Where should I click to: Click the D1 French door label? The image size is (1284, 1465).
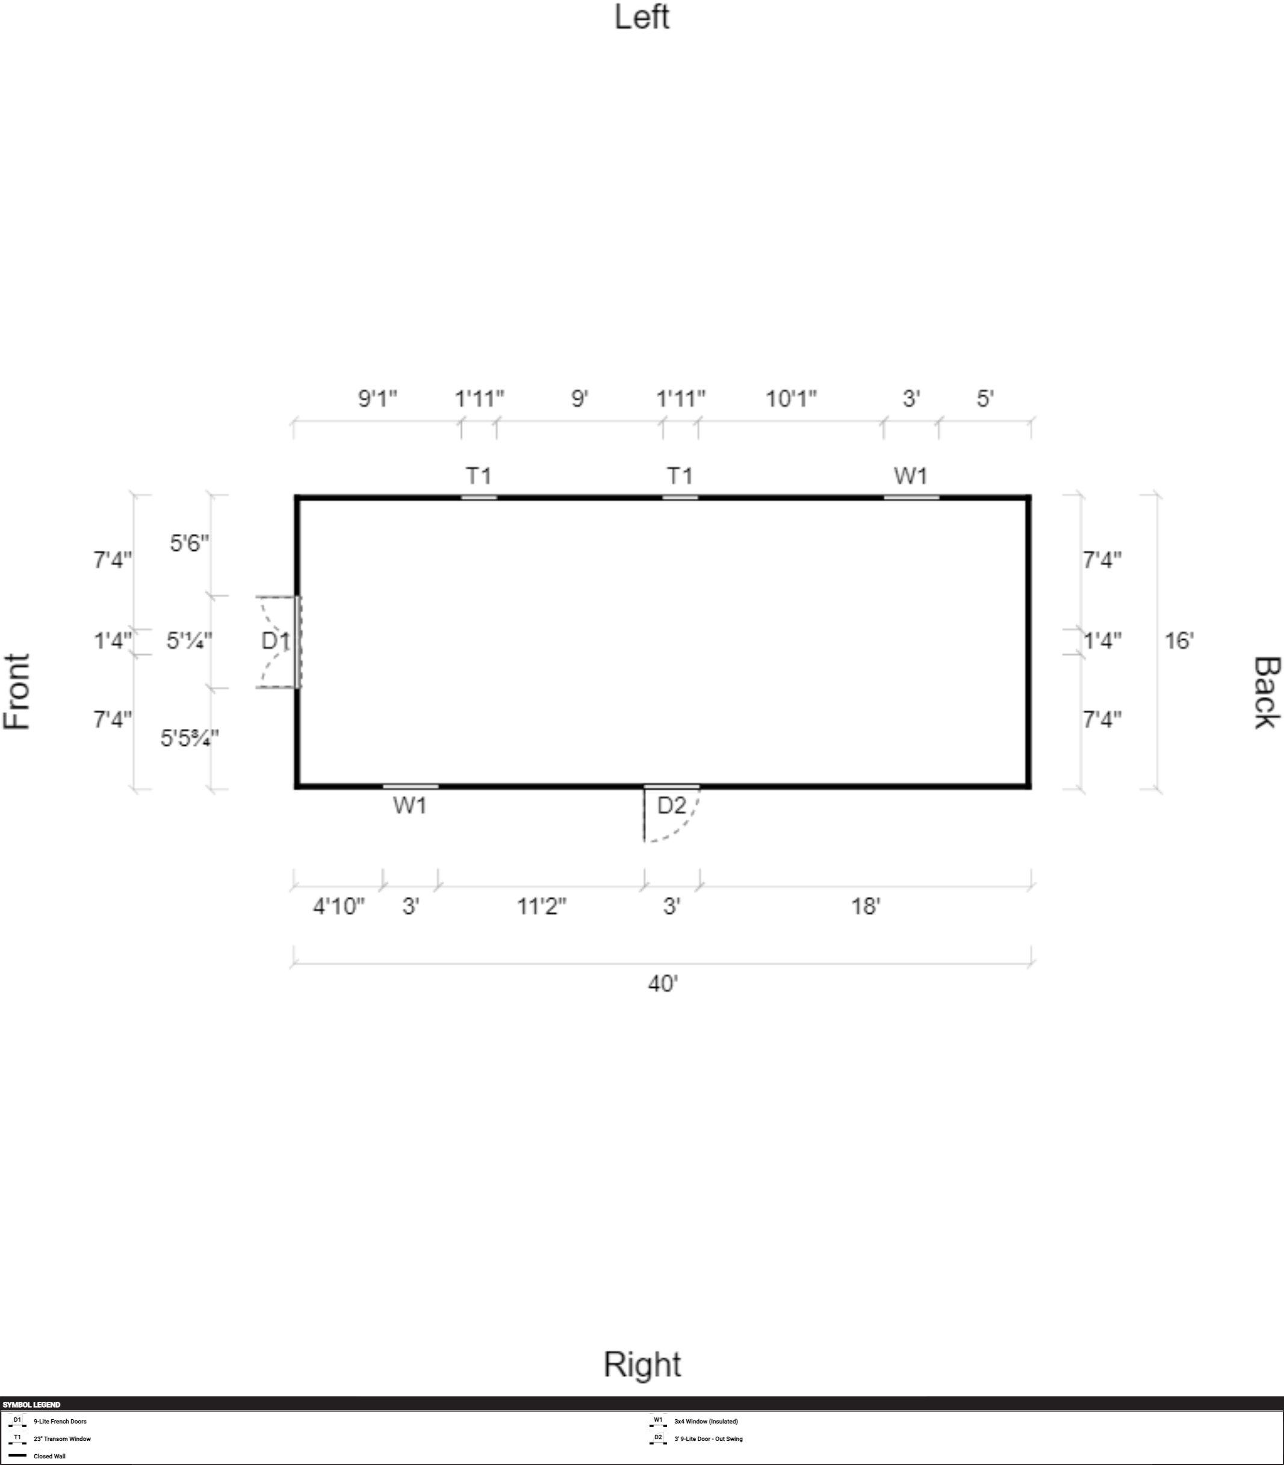(275, 640)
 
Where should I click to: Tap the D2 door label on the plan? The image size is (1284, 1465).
(671, 805)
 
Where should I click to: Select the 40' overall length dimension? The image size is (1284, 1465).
(663, 983)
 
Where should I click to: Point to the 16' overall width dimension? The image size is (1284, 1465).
(1179, 640)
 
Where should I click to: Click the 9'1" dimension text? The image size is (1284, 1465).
(377, 398)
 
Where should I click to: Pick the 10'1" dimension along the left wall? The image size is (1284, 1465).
(791, 398)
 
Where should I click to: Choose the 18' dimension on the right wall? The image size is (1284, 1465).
(865, 906)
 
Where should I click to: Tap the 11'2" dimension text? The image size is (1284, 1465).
(542, 906)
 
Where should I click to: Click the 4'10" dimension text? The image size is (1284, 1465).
(338, 906)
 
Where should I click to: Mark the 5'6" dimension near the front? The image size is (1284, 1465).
(189, 543)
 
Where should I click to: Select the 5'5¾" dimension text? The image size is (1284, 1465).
(189, 738)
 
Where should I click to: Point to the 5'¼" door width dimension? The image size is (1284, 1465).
(189, 640)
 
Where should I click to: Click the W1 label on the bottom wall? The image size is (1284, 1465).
(410, 805)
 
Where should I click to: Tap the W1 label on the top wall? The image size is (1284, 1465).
(911, 475)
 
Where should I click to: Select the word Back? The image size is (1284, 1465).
(1266, 693)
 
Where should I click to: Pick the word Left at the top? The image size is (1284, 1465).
(642, 17)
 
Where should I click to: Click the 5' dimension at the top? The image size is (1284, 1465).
(985, 398)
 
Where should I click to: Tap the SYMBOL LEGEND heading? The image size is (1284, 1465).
(31, 1405)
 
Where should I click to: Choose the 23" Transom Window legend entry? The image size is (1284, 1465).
(63, 1439)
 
